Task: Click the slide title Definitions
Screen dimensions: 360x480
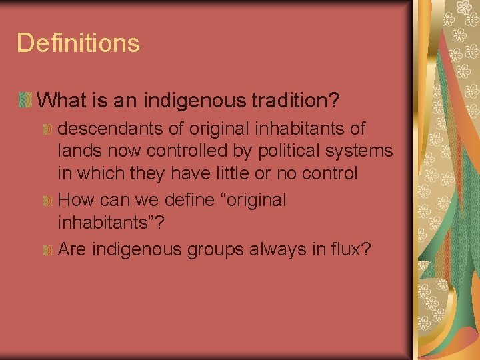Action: coord(78,43)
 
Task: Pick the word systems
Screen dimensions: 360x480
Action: coord(360,151)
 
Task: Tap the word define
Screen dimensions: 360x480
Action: coord(168,200)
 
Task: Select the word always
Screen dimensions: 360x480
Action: coord(265,249)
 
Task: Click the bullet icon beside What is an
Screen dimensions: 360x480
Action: coord(25,101)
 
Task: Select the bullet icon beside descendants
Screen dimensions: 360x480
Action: coord(47,128)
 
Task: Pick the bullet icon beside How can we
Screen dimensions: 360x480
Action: coord(47,201)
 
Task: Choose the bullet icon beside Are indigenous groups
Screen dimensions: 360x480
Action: coord(47,250)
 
